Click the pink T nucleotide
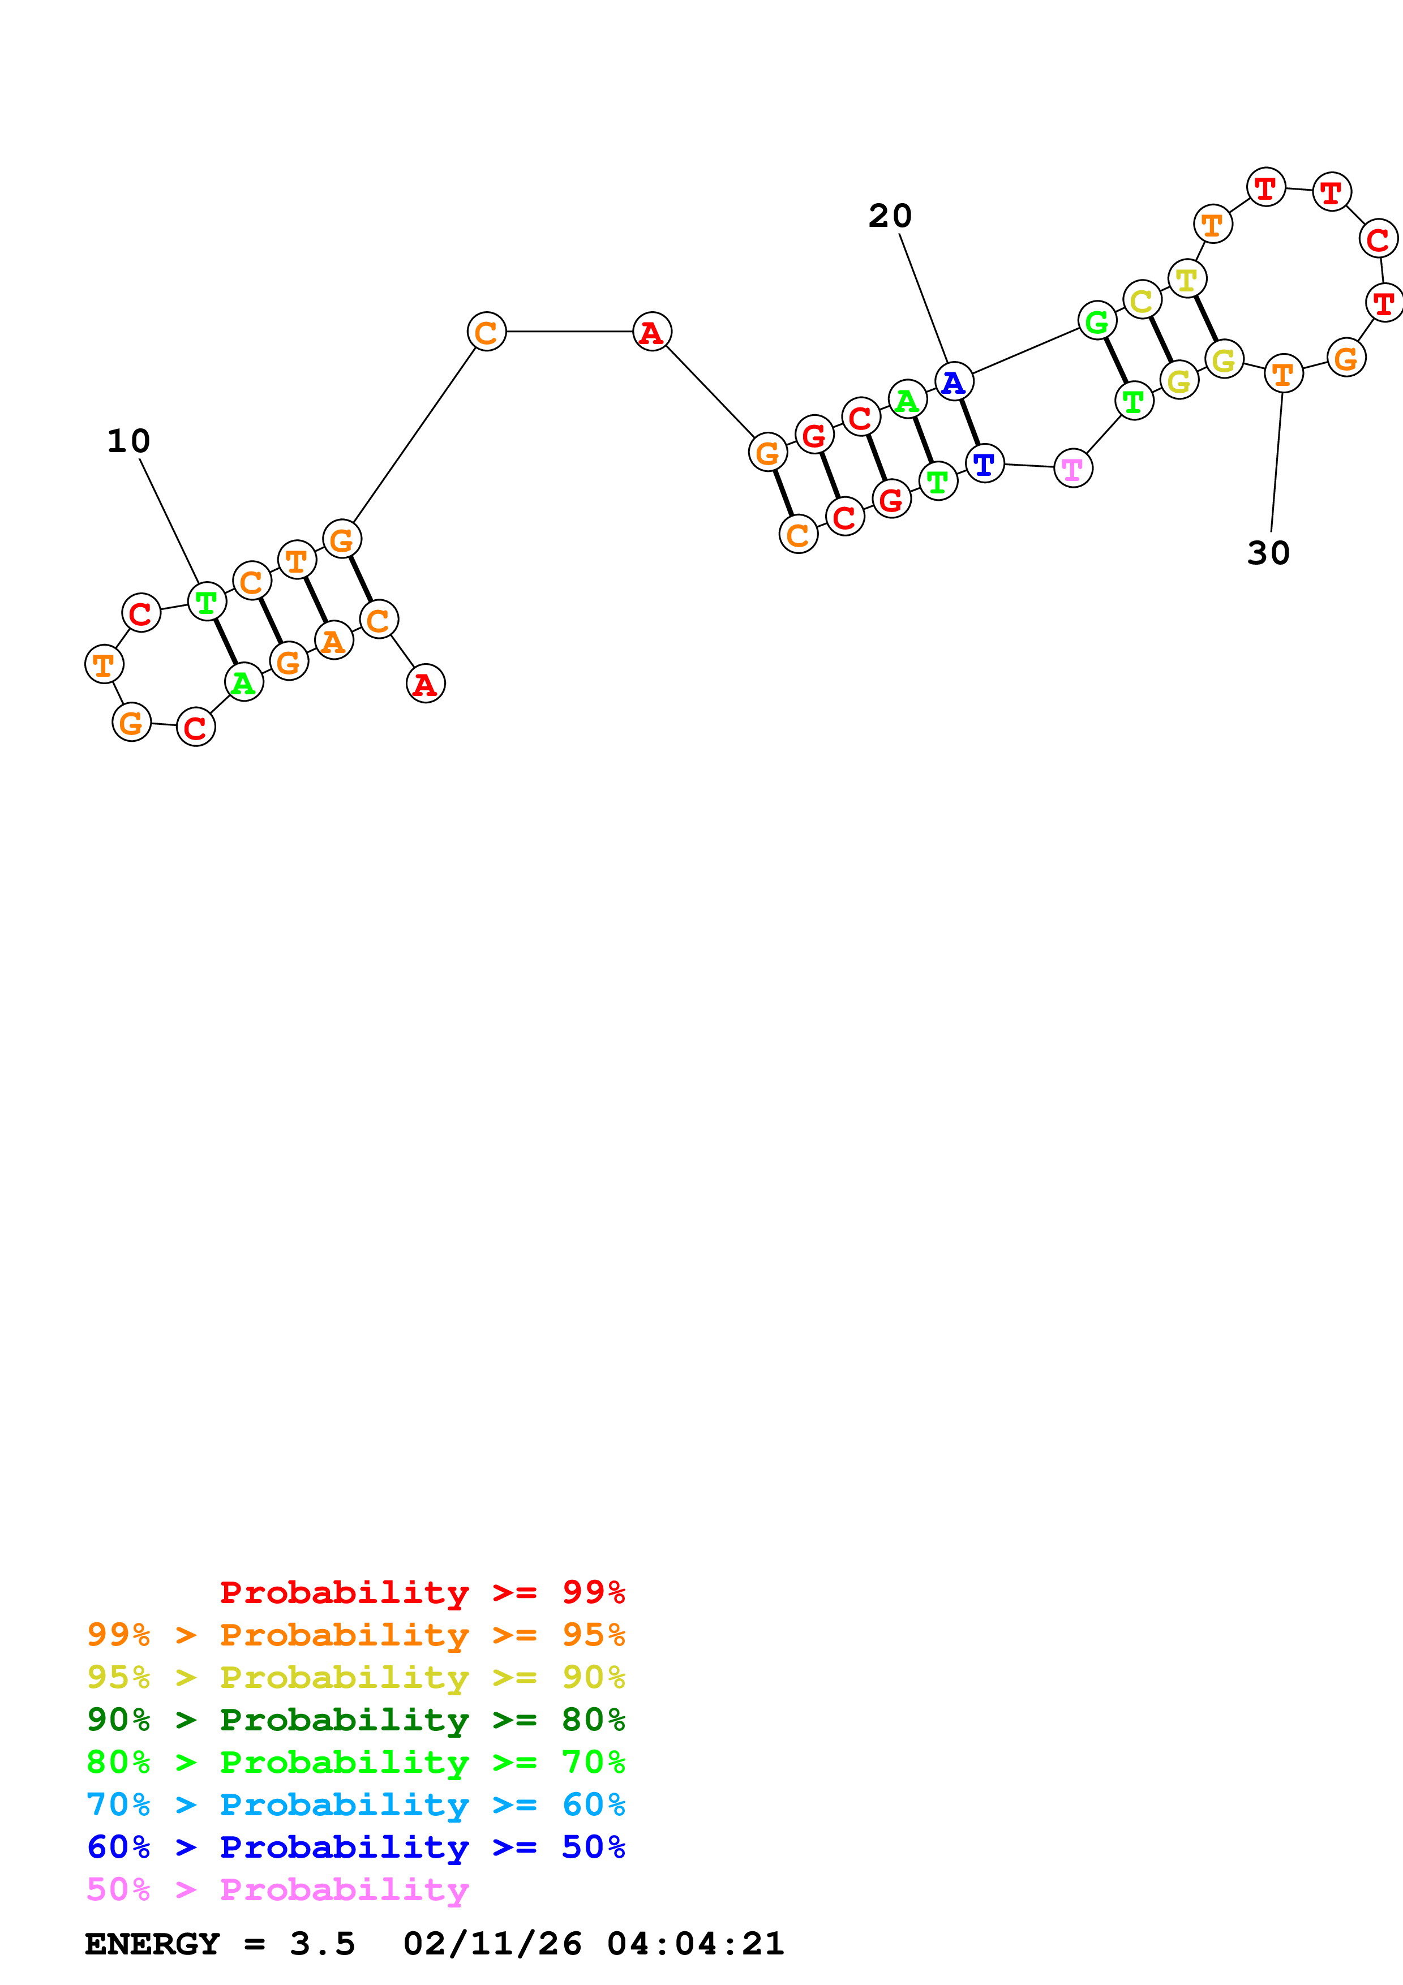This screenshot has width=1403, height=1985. click(1073, 469)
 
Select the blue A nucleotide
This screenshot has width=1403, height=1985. click(954, 381)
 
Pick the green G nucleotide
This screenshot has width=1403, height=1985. click(1097, 321)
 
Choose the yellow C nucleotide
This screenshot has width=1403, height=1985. click(1142, 300)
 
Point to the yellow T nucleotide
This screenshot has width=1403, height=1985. click(1187, 280)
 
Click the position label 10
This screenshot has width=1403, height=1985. click(128, 441)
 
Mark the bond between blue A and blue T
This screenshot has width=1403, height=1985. click(969, 423)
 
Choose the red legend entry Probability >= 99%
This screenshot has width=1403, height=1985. click(422, 1592)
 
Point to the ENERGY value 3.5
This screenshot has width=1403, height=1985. click(323, 1944)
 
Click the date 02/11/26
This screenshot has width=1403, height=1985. click(492, 1944)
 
